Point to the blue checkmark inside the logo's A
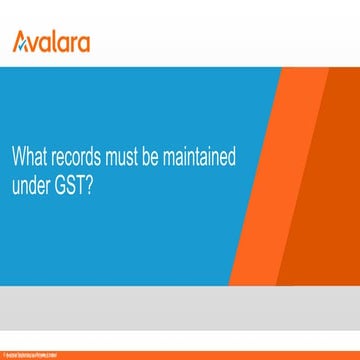(23, 43)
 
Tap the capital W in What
(17, 158)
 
